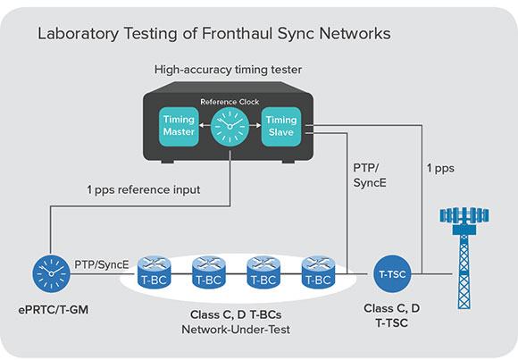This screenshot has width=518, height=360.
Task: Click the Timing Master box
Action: click(179, 126)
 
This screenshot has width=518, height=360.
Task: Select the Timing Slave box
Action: click(281, 126)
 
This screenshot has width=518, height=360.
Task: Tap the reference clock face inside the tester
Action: click(230, 127)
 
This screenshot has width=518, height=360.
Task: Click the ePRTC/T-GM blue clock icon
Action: click(51, 273)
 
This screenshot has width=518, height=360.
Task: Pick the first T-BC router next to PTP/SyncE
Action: click(154, 272)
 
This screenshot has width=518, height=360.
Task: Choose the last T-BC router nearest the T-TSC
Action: click(318, 272)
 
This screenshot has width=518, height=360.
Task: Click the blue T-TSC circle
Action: click(392, 273)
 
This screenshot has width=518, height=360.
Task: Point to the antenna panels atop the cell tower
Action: click(464, 215)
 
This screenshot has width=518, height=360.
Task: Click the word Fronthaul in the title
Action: click(238, 34)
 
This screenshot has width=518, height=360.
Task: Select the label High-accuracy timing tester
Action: click(228, 70)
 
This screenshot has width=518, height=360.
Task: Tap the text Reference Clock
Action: click(230, 102)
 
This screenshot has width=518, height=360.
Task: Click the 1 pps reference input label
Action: click(144, 190)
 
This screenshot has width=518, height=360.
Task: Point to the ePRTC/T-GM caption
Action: click(54, 310)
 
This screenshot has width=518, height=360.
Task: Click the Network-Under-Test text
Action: click(236, 330)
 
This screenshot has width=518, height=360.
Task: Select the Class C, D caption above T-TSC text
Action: click(392, 308)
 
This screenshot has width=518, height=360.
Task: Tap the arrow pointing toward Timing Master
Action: click(205, 126)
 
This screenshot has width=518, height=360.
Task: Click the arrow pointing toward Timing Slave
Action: click(255, 126)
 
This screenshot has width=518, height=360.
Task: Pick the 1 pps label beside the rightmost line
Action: click(440, 168)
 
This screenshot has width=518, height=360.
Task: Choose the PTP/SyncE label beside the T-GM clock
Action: click(102, 264)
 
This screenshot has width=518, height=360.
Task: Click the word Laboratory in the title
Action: click(79, 34)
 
